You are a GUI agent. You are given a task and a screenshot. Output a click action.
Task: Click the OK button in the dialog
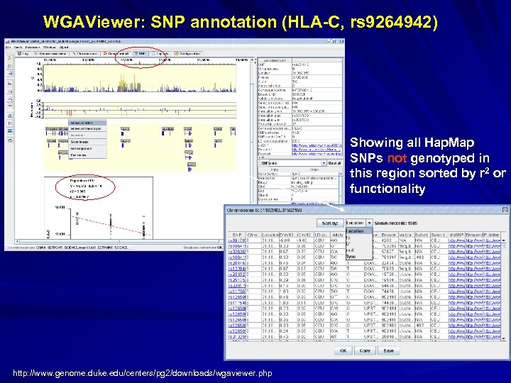coord(343,350)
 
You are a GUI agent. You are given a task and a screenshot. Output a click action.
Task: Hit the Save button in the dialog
coord(388,350)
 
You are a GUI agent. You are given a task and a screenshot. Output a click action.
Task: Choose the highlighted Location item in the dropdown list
coord(355,231)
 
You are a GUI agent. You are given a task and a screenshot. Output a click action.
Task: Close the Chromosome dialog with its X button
coord(505,211)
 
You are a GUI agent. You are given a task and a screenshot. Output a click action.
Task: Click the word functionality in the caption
coord(387,189)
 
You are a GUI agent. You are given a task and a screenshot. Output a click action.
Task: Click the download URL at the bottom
coord(142,373)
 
